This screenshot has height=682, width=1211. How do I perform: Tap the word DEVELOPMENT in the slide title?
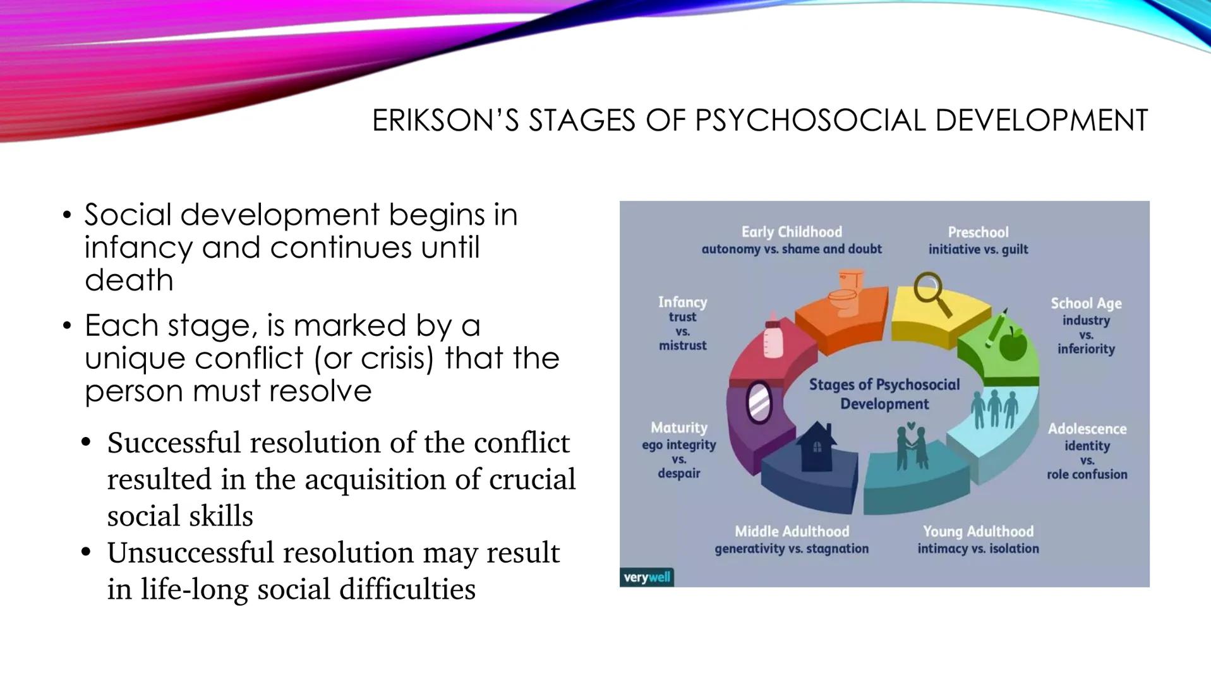click(x=1041, y=120)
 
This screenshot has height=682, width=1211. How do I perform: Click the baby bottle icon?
click(x=773, y=336)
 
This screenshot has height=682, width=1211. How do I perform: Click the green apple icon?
click(x=1013, y=344)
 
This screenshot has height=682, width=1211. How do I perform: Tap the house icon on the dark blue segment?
click(x=816, y=447)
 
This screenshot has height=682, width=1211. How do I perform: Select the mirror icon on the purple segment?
click(x=759, y=402)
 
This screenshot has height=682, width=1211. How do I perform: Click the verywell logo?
click(x=646, y=577)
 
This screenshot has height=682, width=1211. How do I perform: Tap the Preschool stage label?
click(x=978, y=232)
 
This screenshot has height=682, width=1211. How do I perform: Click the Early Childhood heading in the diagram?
click(x=792, y=232)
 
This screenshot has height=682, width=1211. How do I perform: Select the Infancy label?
click(x=682, y=302)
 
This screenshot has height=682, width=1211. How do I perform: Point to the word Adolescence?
click(x=1087, y=429)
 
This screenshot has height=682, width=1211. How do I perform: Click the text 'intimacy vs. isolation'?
click(x=978, y=549)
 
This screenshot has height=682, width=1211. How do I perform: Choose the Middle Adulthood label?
click(x=792, y=532)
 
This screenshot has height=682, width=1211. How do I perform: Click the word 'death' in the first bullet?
click(x=129, y=280)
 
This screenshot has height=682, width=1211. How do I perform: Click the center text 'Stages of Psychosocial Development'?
click(x=884, y=394)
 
